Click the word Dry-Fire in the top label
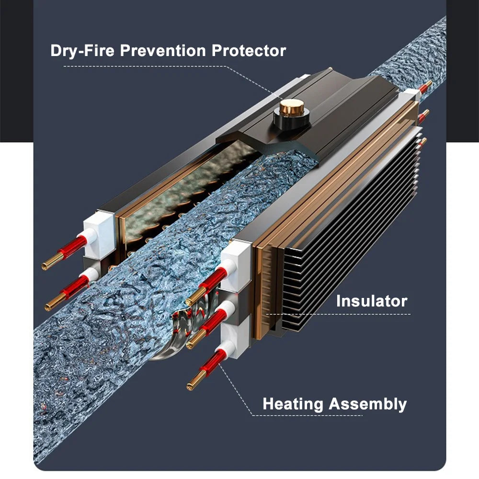point(82,51)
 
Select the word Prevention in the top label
point(163,50)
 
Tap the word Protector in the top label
point(249,50)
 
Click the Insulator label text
point(372,301)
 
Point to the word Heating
point(293,404)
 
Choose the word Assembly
point(367,404)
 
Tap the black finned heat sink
point(348,232)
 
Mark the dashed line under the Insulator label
point(339,314)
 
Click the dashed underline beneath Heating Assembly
point(308,415)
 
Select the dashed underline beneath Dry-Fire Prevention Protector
point(145,66)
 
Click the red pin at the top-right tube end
point(425,87)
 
